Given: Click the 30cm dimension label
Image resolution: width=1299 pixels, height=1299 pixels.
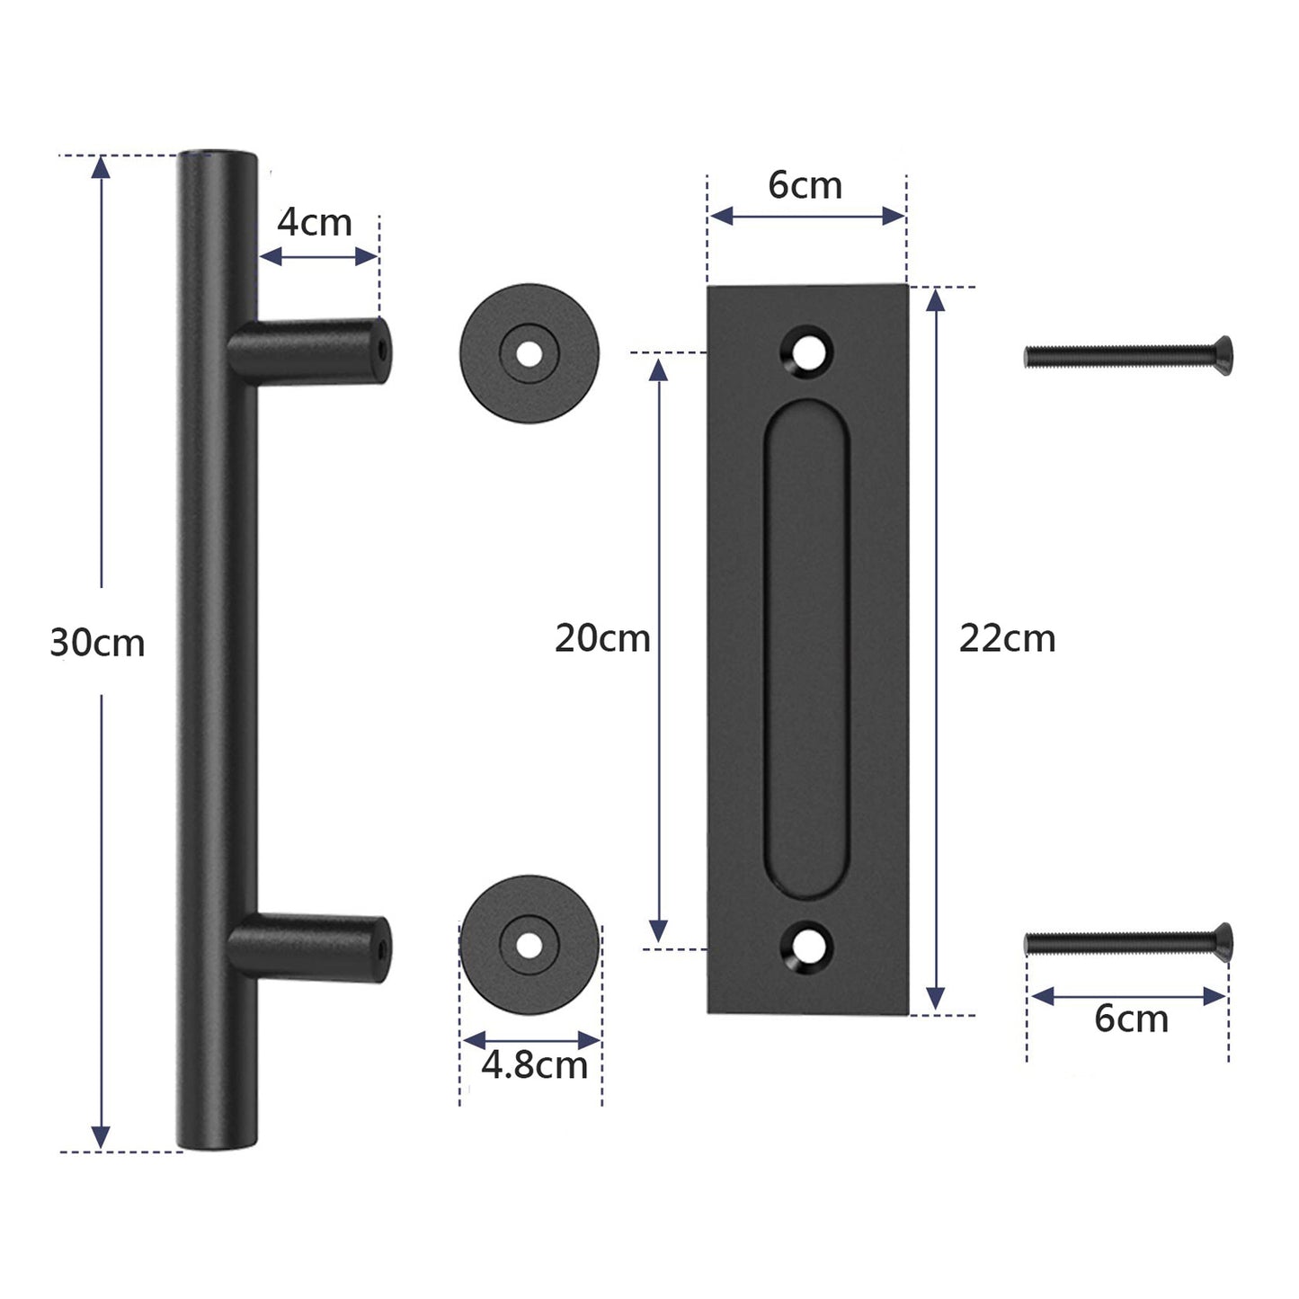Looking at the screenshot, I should click(97, 643).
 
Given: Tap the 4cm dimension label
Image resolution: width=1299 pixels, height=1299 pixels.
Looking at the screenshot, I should click(314, 222).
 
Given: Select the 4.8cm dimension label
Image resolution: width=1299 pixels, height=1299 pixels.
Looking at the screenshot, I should click(534, 1065).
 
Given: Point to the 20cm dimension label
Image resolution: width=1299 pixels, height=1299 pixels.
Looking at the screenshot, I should click(602, 638).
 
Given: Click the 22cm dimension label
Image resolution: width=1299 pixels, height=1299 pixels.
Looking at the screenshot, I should click(1007, 638).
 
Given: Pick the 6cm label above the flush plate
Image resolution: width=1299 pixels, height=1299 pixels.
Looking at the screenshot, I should click(805, 185).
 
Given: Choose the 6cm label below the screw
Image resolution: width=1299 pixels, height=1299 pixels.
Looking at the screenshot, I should click(1131, 1019).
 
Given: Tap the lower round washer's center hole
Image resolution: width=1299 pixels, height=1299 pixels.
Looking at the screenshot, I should click(529, 943).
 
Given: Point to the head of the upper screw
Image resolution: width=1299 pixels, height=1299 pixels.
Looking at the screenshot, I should click(1223, 356).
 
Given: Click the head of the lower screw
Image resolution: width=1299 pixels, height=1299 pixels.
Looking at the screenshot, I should click(1223, 940).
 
